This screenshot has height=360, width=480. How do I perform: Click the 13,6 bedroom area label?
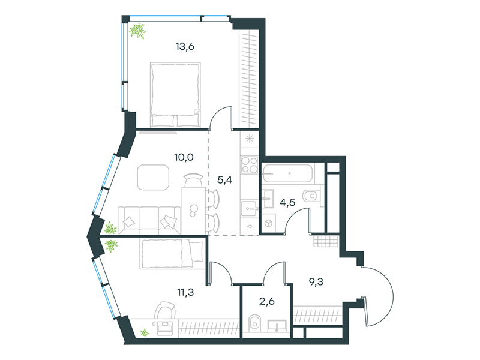(x=185, y=47)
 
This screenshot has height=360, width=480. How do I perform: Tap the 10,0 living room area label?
(x=184, y=157)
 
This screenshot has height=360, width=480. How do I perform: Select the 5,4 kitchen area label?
(x=224, y=180)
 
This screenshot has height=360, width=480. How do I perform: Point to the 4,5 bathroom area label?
(x=287, y=202)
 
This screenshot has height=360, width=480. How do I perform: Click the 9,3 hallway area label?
(x=316, y=281)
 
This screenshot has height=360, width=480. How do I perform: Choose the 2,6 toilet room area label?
(x=267, y=302)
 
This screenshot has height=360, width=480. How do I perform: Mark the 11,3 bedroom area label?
(x=185, y=292)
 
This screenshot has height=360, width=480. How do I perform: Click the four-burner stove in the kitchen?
(x=250, y=164)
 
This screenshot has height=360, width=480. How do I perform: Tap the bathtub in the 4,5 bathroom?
(x=287, y=173)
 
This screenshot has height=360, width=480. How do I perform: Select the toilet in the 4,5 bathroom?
(x=311, y=195)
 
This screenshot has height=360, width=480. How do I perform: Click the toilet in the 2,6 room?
(x=254, y=322)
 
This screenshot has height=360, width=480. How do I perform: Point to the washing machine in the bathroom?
(x=268, y=223)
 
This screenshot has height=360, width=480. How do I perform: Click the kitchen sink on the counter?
(x=249, y=209)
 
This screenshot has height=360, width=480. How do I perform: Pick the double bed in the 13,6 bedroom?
(x=175, y=95)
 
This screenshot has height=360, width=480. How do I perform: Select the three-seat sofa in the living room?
(x=149, y=220)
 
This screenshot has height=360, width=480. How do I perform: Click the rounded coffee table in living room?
(x=153, y=177)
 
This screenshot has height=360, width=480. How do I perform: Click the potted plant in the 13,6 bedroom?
(x=137, y=31)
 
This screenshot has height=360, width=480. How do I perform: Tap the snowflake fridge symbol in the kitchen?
(x=250, y=139)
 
